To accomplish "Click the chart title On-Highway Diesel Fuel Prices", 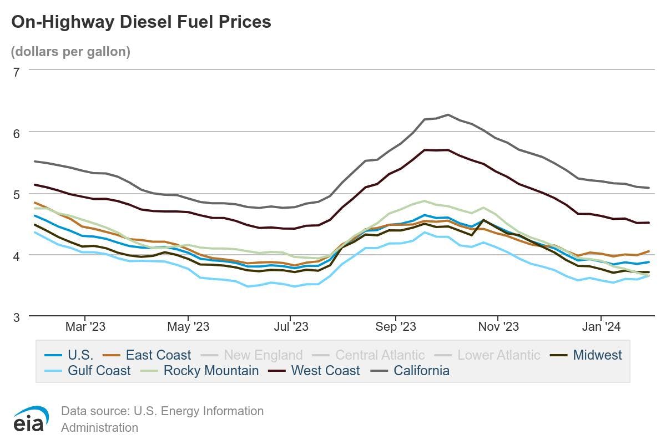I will click(x=142, y=22).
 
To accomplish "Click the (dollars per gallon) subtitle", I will click(x=70, y=52).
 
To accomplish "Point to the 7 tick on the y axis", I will click(x=16, y=71).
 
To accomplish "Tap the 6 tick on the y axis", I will click(x=16, y=133).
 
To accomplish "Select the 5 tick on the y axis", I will click(x=16, y=194).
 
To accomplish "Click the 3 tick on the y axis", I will click(x=16, y=317).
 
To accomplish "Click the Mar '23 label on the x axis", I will click(x=85, y=327).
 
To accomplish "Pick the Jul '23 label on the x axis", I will click(x=291, y=327).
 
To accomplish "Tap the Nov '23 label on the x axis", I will click(x=498, y=327).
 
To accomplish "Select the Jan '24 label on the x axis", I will click(x=601, y=327).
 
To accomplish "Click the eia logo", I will click(x=31, y=419).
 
